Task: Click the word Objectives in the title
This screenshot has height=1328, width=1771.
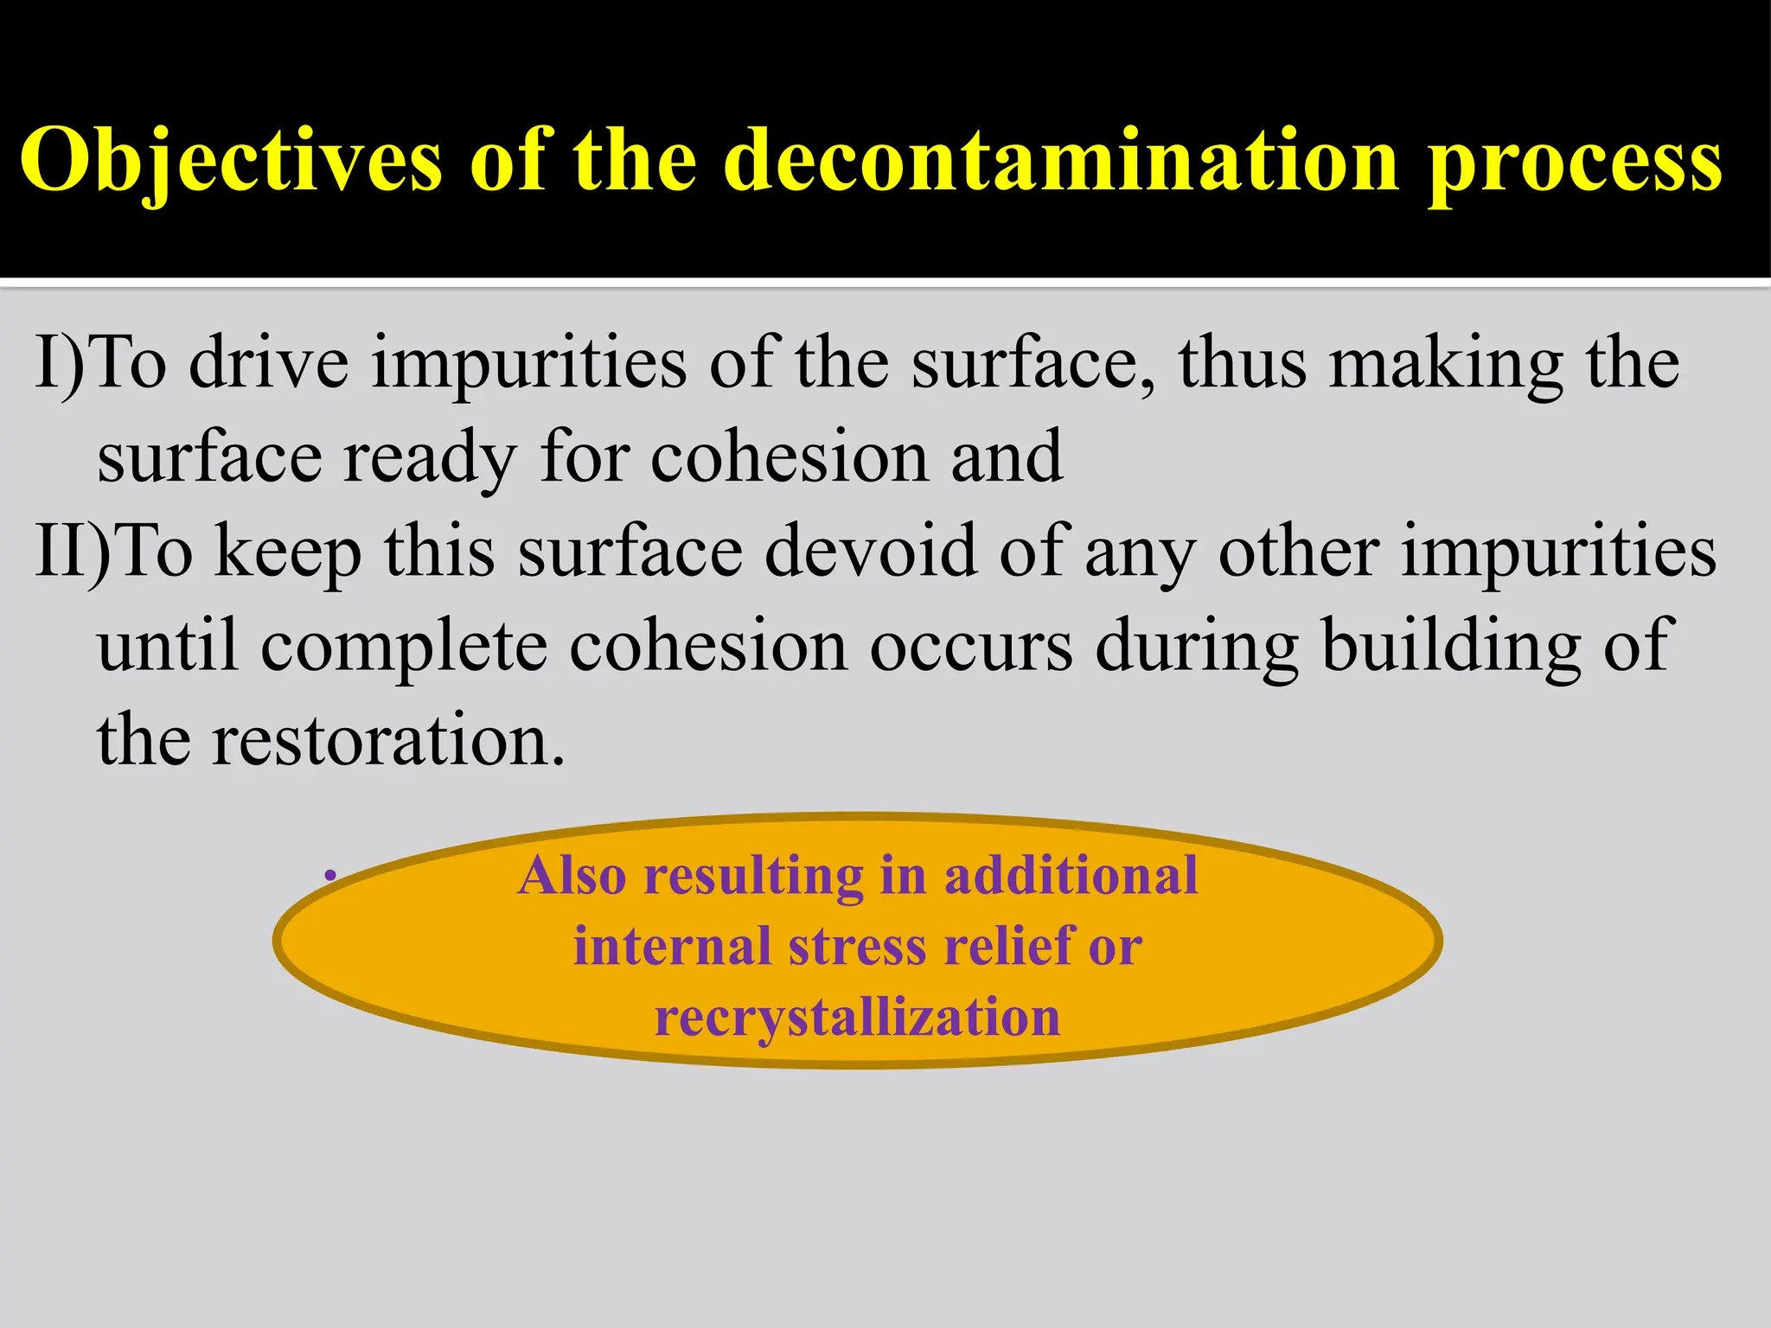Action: coord(231,162)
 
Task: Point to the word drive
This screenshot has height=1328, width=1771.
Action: coord(269,363)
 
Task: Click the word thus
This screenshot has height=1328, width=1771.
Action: coord(1242,363)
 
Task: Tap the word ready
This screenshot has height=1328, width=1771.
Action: coord(430,458)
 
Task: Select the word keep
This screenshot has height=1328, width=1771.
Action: coord(288,553)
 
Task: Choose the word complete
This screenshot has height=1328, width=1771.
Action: coord(404,648)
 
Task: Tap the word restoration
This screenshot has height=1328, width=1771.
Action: coord(388,741)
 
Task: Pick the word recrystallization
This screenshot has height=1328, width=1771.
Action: coord(857,1017)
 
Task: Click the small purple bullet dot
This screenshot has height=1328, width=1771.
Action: coord(329,877)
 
